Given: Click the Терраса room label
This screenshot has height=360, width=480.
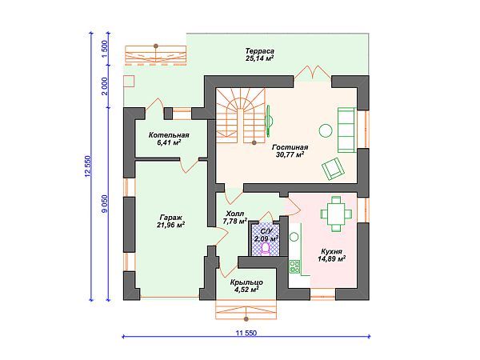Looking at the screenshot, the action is (x=259, y=51).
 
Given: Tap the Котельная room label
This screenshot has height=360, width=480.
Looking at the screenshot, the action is (x=169, y=135).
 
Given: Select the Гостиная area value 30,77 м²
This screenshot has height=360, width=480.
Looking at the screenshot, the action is (x=290, y=154).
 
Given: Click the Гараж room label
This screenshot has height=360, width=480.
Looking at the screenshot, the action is (x=171, y=218).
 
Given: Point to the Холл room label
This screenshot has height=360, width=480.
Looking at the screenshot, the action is (x=234, y=214).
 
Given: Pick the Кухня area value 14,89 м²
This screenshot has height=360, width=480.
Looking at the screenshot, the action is (x=332, y=259).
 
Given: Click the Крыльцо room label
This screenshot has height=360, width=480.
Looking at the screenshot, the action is (x=246, y=282).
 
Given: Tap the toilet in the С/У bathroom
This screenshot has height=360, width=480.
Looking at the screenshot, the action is (x=265, y=249).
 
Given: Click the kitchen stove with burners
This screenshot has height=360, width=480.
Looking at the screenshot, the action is (x=294, y=266).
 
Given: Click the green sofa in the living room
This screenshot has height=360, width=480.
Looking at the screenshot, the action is (x=347, y=130).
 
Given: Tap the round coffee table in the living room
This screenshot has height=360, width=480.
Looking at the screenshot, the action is (x=326, y=130).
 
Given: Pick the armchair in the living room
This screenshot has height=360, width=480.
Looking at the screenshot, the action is (x=333, y=169).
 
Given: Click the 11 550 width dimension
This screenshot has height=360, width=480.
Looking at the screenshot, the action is (x=246, y=333).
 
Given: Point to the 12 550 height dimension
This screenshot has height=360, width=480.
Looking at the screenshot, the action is (x=88, y=166).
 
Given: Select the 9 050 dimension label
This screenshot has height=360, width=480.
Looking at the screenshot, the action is (x=105, y=204).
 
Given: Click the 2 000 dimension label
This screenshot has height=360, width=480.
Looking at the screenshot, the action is (x=105, y=86).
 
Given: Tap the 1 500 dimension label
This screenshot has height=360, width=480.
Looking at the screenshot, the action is (x=105, y=49).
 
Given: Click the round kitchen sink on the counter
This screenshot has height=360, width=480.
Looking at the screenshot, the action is (x=294, y=237).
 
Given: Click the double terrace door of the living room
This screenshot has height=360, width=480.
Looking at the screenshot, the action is (x=313, y=73).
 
